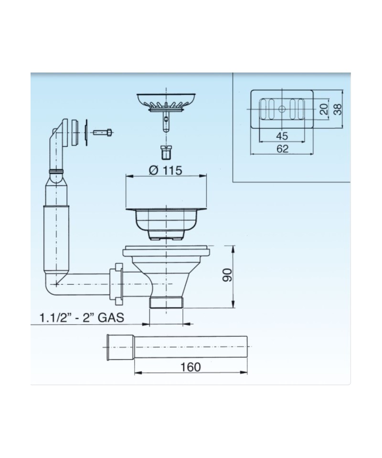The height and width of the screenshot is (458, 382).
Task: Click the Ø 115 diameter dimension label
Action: [x=165, y=170]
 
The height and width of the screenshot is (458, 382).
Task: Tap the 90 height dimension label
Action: [x=227, y=275]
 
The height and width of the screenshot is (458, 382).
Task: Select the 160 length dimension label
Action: [x=190, y=367]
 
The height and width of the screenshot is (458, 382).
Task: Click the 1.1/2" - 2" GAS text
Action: [x=82, y=318]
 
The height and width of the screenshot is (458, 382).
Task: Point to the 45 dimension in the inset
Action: [x=282, y=136]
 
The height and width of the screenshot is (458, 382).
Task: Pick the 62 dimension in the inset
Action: [x=282, y=149]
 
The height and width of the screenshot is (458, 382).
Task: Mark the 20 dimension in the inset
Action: [x=324, y=109]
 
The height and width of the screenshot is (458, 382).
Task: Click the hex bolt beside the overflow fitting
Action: [x=103, y=132]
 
